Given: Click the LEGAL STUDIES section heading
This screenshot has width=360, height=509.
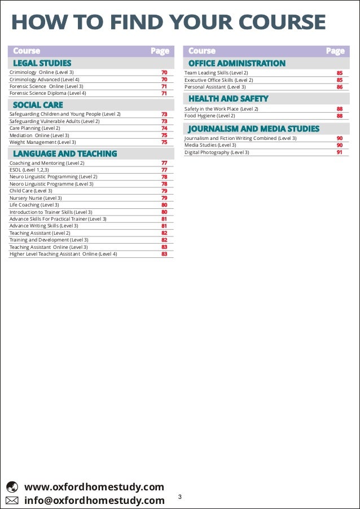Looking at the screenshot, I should tap(42, 63).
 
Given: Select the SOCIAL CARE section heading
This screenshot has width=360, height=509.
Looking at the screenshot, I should tap(38, 105).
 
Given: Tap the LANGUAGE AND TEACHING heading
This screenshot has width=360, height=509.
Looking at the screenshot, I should tap(65, 153).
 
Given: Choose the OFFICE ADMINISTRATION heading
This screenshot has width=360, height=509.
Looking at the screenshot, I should tap(236, 63).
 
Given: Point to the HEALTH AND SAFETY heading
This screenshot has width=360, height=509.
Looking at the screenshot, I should tap(228, 99).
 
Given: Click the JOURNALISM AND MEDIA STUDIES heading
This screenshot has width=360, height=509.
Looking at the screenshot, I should tap(253, 129).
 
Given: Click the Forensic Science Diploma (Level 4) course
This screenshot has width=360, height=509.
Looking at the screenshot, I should tap(48, 93).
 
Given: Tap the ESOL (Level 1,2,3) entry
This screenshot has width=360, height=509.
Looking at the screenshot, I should tap(29, 170).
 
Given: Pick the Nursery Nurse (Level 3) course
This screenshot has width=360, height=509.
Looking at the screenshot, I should tap(36, 198).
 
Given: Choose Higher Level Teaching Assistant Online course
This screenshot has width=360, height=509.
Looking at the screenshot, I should tap(63, 254).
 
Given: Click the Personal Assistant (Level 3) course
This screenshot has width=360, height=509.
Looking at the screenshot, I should tap(215, 87).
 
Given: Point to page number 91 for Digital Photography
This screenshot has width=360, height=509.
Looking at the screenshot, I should tap(340, 152).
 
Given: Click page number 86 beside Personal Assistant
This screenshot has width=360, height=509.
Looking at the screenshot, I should tap(340, 87).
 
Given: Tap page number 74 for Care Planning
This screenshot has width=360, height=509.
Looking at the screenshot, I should tap(164, 128).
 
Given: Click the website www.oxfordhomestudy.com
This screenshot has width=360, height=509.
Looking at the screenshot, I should tap(94, 487).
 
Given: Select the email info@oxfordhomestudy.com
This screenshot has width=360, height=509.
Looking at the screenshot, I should tap(94, 501).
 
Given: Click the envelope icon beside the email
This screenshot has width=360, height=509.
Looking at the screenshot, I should tap(12, 501).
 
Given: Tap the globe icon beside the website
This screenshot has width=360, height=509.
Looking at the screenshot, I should tap(12, 487).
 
